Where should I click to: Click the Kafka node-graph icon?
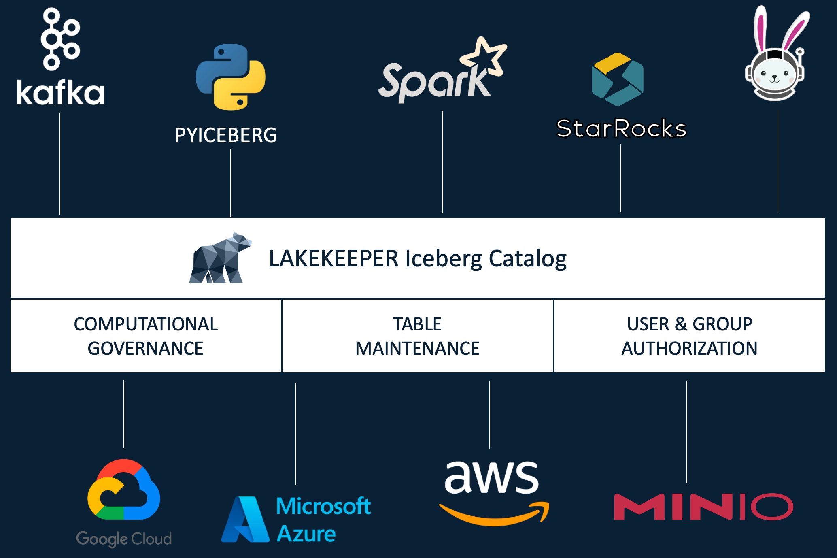pos(60,39)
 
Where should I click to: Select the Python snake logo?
pos(231,77)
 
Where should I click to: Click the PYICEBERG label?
pos(226,135)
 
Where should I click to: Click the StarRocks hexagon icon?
pos(618,79)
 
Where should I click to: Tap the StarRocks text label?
pos(621,129)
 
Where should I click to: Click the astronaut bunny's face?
pos(775,75)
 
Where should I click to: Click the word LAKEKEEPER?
pos(334,259)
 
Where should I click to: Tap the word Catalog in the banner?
pos(528,259)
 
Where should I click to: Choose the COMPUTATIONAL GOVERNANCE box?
pos(146,336)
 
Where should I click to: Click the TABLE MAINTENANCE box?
pos(417,336)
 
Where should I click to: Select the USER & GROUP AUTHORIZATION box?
pos(689,336)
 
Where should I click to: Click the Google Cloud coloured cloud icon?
pos(124,490)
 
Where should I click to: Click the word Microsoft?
pos(323,506)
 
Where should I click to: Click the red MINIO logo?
pos(703,507)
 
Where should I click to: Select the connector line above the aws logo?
pos(490,415)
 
